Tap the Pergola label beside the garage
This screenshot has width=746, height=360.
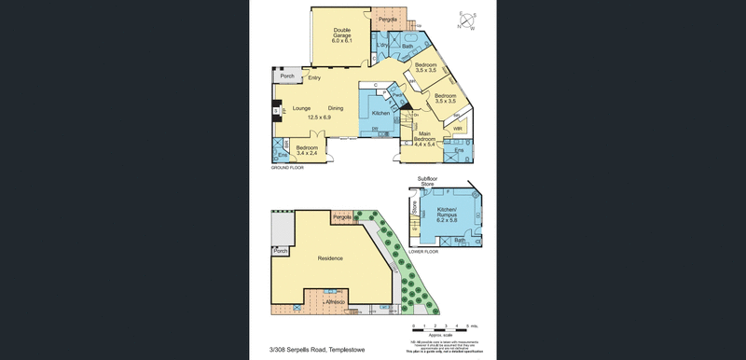pos(389,20)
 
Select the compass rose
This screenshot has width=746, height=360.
pos(466,21)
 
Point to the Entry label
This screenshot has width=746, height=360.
pos(314,77)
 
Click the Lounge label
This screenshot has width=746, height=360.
pos(300,108)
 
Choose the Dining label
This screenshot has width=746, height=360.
pos(336,108)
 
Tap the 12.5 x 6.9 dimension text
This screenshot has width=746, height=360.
pos(319,118)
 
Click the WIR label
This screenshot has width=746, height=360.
pos(458,129)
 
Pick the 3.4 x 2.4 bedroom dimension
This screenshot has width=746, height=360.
pos(307,153)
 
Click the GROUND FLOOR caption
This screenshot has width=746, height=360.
pos(288,168)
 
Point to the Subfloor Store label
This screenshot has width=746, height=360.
pos(426,181)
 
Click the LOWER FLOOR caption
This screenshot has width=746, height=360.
pos(424,252)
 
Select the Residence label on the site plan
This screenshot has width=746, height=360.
pos(330,258)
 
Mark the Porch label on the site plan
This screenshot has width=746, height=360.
pos(281,251)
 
